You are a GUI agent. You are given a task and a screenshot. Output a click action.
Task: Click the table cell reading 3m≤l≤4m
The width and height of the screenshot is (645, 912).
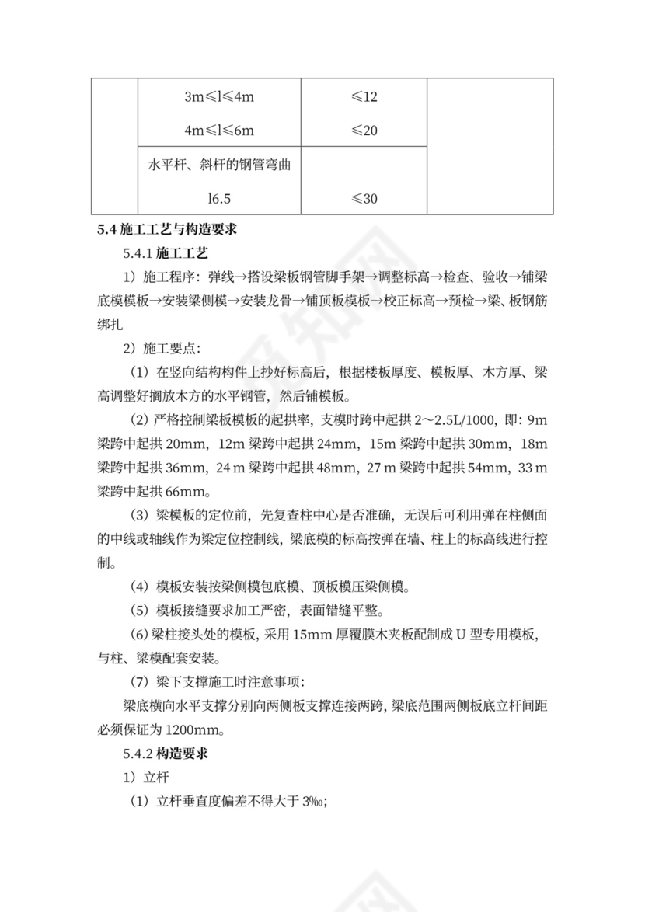pos(220,98)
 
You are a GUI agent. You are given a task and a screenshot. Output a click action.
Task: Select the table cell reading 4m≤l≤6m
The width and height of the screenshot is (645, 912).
pos(220,131)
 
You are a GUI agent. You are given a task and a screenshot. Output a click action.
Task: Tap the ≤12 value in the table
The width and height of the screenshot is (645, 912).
pos(364,98)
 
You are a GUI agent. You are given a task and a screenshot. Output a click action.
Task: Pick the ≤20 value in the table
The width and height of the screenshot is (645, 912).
pos(364,131)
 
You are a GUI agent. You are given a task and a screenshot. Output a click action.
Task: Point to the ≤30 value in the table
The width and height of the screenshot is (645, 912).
pos(364,199)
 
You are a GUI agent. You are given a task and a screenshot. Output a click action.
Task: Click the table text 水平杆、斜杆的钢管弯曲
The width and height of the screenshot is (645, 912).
pos(220,165)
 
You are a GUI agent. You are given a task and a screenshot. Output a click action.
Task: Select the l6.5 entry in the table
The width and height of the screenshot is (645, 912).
pos(220,199)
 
